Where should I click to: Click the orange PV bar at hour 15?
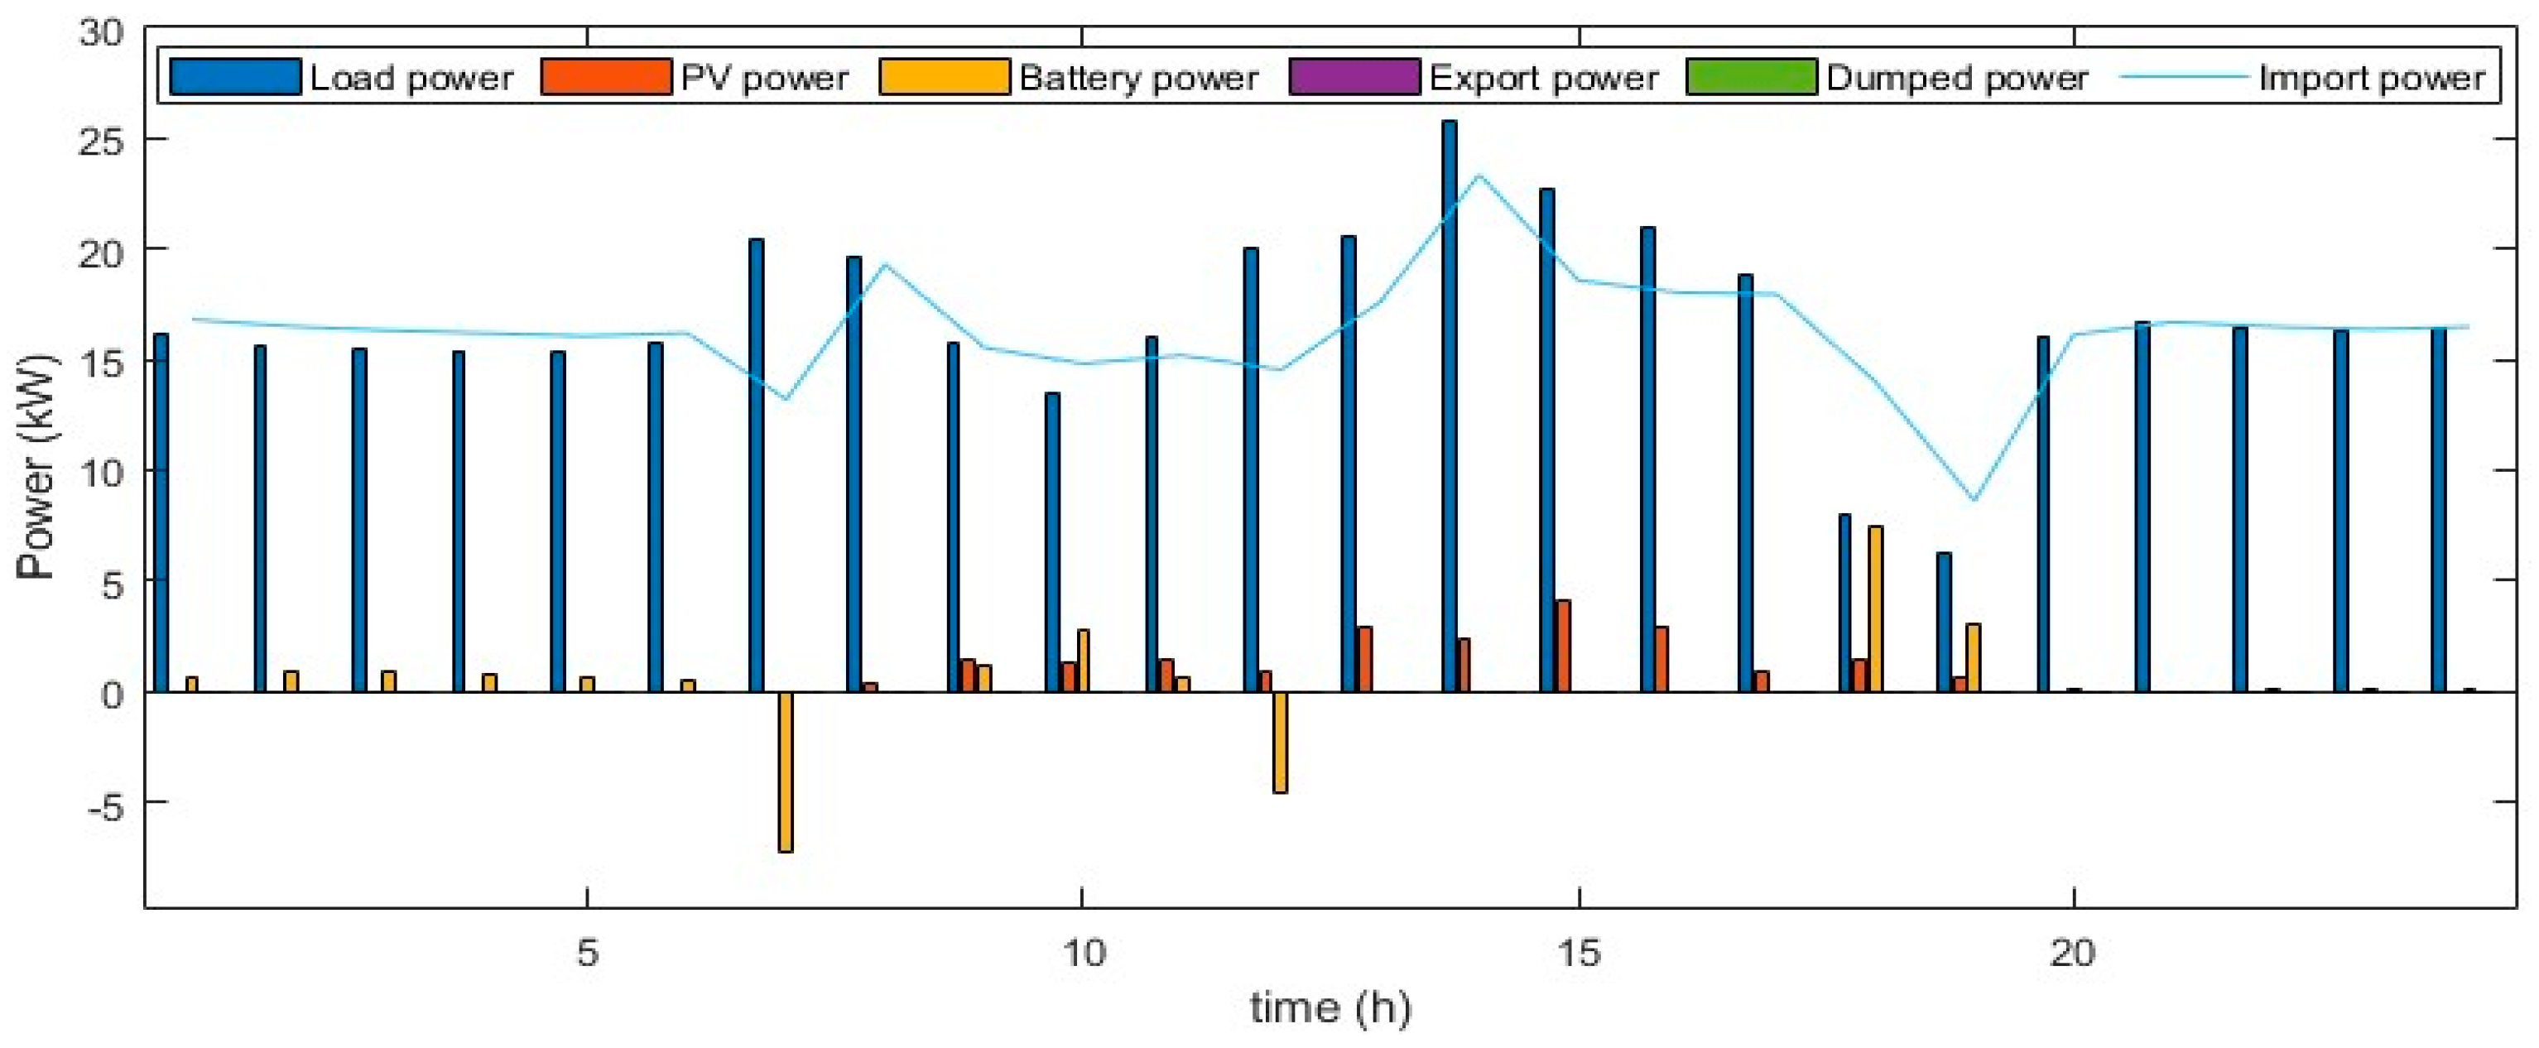point(1563,646)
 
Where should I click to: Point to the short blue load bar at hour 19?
point(1944,623)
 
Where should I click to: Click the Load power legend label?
point(411,78)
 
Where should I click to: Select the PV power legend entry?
point(764,78)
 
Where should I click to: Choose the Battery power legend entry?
point(1137,78)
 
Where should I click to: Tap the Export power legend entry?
point(1543,78)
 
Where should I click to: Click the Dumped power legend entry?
point(1955,78)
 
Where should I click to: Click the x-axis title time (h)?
point(1330,1008)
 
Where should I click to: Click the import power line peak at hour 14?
point(1479,175)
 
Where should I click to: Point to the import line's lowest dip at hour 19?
point(1974,500)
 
